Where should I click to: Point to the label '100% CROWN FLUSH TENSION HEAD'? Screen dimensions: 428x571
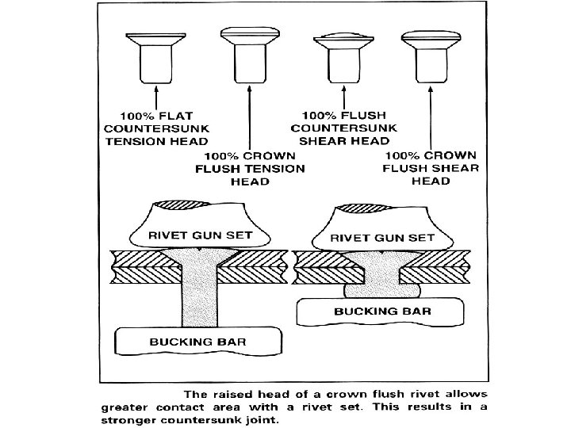point(250,168)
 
